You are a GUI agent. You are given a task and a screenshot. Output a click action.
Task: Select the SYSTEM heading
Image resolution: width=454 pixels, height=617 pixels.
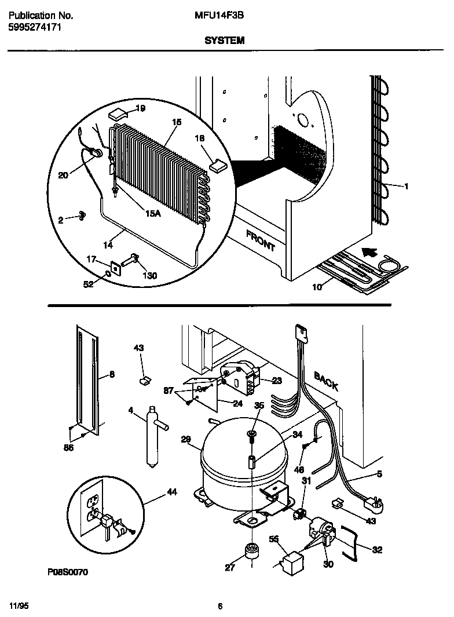point(224,41)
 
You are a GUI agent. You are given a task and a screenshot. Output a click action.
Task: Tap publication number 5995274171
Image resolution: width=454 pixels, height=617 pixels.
point(33,27)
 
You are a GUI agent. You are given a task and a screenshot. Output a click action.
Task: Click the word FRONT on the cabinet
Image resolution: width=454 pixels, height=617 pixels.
point(260,240)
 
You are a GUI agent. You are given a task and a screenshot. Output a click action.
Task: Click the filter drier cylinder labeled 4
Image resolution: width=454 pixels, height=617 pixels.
point(153,438)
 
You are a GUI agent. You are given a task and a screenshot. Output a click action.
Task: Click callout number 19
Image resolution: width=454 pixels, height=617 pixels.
point(140,108)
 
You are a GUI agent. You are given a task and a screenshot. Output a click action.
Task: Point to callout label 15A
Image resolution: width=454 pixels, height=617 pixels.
point(152,213)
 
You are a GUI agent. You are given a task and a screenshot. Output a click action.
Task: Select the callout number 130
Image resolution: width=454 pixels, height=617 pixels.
point(149,275)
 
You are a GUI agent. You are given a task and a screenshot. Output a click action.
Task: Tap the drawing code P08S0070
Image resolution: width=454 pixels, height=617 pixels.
point(68,572)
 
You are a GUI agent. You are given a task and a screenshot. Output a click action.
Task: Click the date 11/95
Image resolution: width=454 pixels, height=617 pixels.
point(19,605)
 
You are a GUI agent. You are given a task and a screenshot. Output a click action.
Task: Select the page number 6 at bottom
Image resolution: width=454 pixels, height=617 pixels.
point(220,607)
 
